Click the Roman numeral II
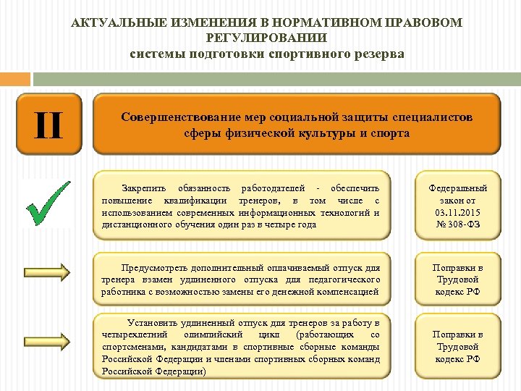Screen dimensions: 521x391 [x=48, y=124]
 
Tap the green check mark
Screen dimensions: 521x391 [x=48, y=203]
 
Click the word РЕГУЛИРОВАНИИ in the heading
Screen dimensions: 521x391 [x=266, y=38]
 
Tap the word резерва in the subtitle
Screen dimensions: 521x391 [x=376, y=55]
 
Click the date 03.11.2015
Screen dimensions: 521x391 [x=459, y=212]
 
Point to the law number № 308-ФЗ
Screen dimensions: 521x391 [x=459, y=224]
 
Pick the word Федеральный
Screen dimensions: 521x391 [x=459, y=188]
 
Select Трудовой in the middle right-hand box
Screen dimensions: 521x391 [x=459, y=279]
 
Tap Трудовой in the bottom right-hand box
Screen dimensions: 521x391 [x=459, y=347]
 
